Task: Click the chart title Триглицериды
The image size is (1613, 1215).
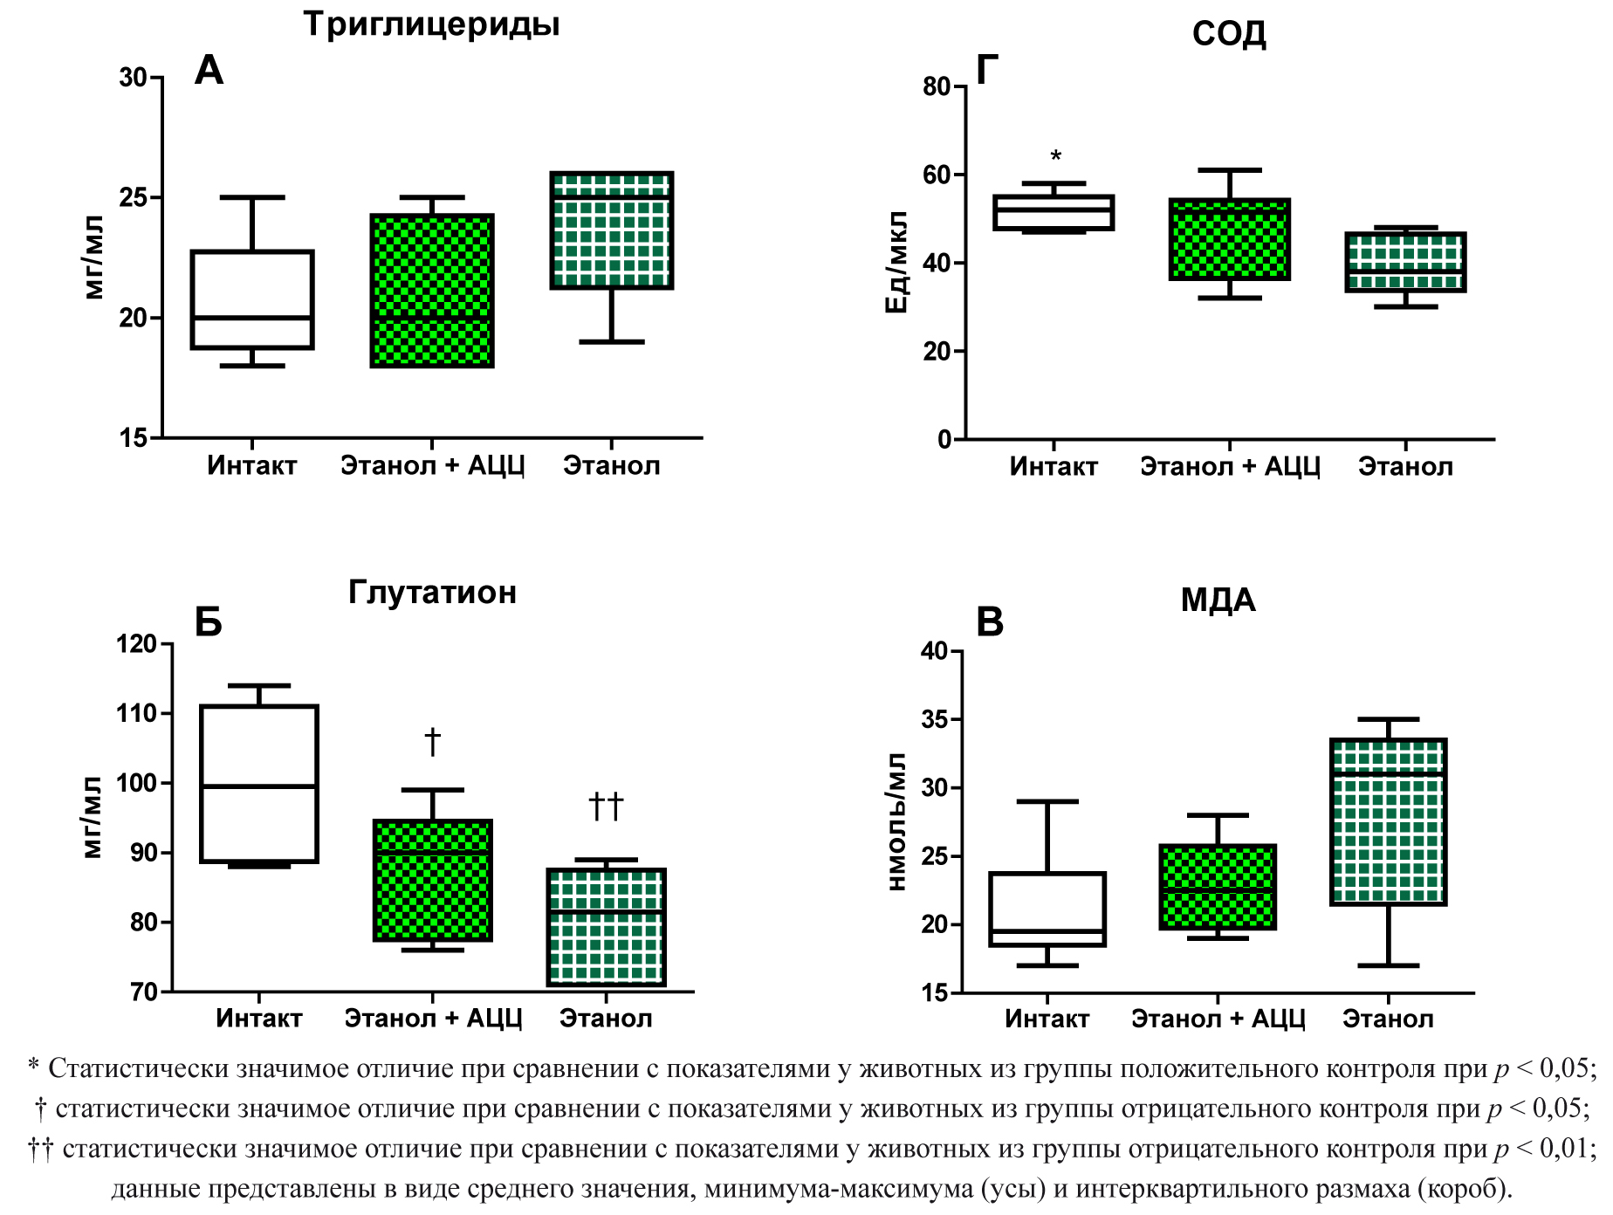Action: [x=431, y=24]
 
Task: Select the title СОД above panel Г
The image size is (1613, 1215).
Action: [x=1229, y=34]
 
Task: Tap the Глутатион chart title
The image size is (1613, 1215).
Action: [x=432, y=593]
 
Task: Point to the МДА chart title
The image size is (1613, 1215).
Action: [x=1218, y=601]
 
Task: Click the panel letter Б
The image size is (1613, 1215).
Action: [x=208, y=622]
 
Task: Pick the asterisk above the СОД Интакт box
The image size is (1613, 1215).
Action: [x=1055, y=157]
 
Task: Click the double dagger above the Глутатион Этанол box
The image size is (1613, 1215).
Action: [x=606, y=806]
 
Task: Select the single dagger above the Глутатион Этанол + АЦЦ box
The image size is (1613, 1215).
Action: [x=432, y=743]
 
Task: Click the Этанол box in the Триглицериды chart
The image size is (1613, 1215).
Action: [x=611, y=230]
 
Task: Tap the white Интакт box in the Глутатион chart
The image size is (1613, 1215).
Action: [x=259, y=783]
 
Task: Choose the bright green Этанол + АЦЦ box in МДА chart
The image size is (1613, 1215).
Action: [x=1218, y=887]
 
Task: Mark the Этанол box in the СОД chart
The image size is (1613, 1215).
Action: [x=1405, y=262]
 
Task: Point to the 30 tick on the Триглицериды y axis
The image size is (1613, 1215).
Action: [x=134, y=78]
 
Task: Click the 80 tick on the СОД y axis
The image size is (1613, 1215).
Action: [x=937, y=86]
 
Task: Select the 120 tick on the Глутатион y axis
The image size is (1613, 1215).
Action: [x=136, y=644]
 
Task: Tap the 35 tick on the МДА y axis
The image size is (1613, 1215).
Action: [x=935, y=720]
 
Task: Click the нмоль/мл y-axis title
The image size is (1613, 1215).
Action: [x=896, y=821]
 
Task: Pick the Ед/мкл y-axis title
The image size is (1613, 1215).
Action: [x=896, y=262]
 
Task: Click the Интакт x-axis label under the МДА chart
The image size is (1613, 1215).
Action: [x=1047, y=1019]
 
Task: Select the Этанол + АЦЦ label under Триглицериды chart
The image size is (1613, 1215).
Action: [x=432, y=465]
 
